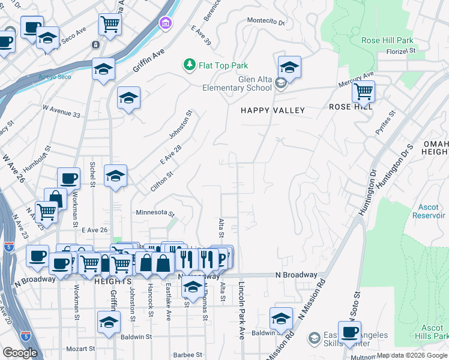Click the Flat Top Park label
point(223,65)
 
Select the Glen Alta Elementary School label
point(238,84)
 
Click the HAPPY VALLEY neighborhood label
point(273,110)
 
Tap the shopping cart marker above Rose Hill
point(363,92)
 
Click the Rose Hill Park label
point(387,41)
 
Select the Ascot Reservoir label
point(429,211)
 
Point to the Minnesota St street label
point(154,213)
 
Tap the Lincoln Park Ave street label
point(243,311)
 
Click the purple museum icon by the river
point(164,23)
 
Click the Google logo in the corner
point(20,353)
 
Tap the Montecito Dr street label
point(267,22)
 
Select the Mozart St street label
point(80,348)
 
